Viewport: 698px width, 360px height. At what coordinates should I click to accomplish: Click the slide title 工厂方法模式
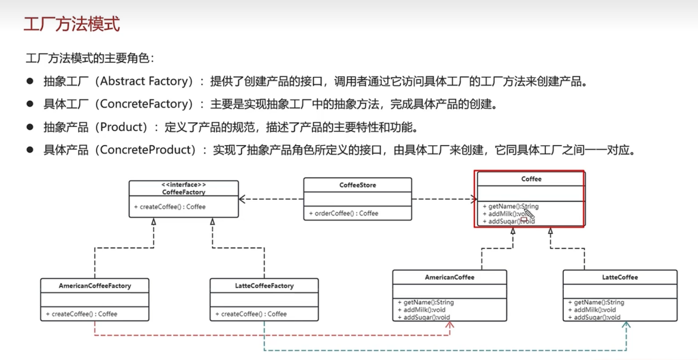71,25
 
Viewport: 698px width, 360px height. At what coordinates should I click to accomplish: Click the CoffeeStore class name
357,185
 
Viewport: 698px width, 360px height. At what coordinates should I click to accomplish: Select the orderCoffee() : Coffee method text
344,213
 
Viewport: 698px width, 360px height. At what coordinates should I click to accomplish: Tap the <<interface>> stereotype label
184,185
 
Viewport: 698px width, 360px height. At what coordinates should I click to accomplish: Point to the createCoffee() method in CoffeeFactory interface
170,207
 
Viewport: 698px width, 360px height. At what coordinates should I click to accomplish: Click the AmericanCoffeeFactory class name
95,286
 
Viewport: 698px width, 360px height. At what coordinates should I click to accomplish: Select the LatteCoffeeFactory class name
263,286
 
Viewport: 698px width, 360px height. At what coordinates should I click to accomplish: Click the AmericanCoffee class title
449,277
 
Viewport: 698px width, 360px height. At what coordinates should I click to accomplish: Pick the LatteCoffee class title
620,277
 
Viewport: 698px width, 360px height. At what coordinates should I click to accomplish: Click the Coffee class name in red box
531,179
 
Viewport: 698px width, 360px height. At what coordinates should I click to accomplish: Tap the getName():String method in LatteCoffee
596,302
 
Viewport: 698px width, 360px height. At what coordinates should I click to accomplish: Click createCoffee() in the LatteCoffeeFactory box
251,314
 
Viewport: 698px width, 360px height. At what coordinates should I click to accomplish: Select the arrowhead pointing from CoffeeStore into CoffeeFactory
243,199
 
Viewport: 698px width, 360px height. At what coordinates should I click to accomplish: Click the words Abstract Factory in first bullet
142,82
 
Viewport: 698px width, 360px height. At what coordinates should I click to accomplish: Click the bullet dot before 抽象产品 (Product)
30,127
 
